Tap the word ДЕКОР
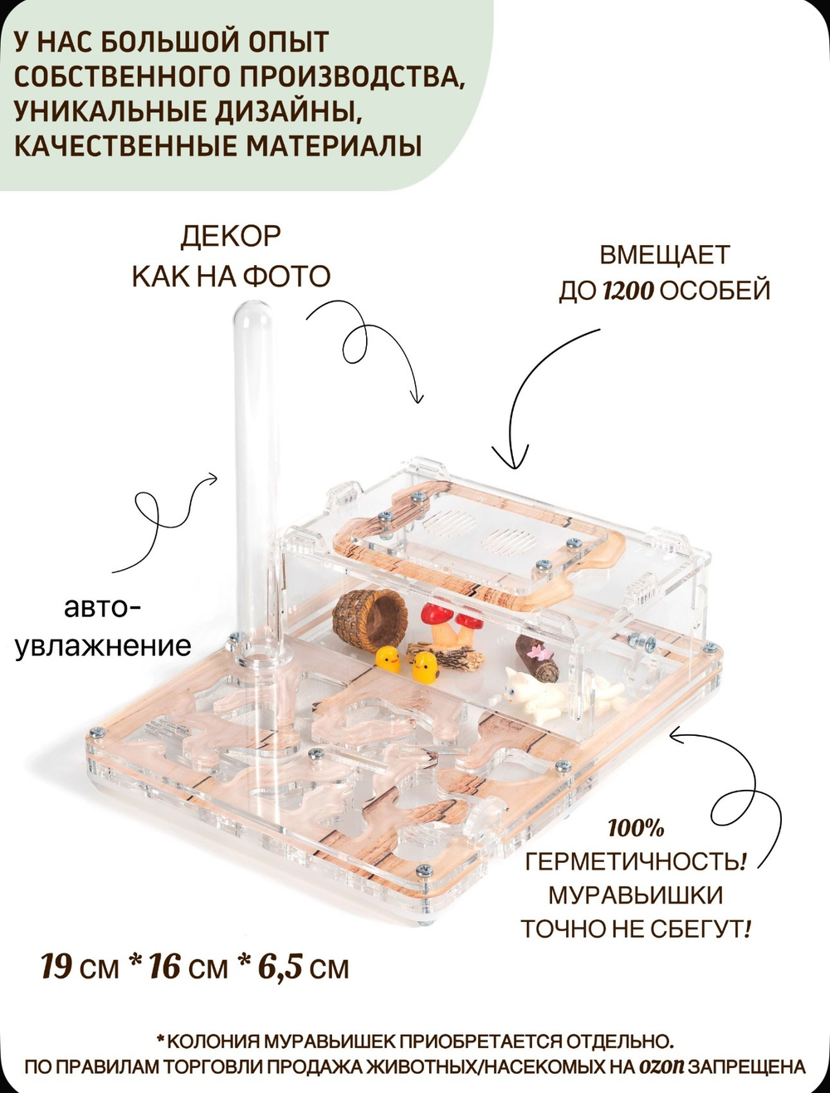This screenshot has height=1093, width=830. (x=231, y=237)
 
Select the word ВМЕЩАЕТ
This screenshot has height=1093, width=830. (x=665, y=254)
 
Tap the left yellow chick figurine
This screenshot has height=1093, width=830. (x=386, y=660)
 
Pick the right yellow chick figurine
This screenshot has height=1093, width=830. (x=426, y=665)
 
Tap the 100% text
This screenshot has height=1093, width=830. (x=636, y=829)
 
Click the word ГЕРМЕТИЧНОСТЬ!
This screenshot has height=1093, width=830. (x=636, y=862)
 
